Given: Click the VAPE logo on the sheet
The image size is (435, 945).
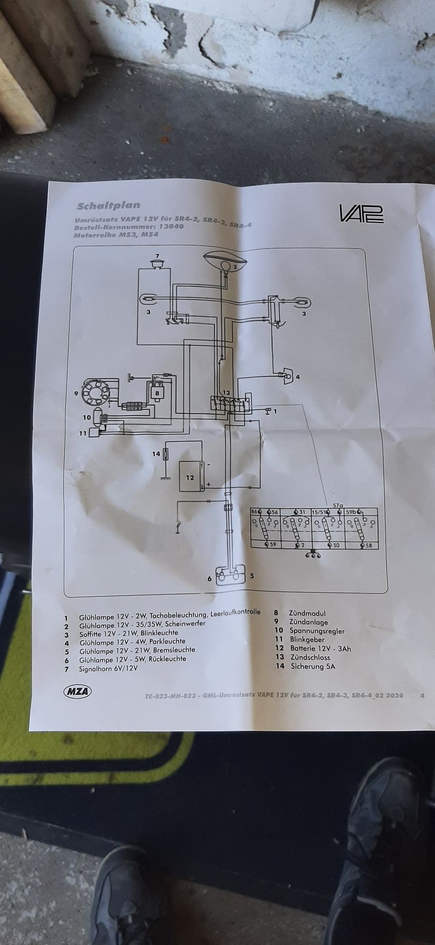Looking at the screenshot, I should click(361, 213).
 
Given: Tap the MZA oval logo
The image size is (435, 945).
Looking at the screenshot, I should click(78, 691).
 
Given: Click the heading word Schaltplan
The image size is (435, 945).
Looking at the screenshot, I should click(109, 205).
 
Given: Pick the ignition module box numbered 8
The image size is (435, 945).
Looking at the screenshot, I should click(157, 392).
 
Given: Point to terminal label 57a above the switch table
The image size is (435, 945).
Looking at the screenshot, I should click(338, 505).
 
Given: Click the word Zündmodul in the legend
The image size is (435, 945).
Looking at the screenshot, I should click(307, 613).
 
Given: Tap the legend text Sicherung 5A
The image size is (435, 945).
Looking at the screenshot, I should click(313, 666).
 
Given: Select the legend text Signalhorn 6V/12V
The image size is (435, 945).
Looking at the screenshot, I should click(108, 668).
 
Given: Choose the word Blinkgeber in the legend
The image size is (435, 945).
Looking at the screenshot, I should click(307, 640).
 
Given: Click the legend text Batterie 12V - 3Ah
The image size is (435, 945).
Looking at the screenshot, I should click(320, 649).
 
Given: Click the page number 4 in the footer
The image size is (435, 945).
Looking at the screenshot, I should click(422, 695).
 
